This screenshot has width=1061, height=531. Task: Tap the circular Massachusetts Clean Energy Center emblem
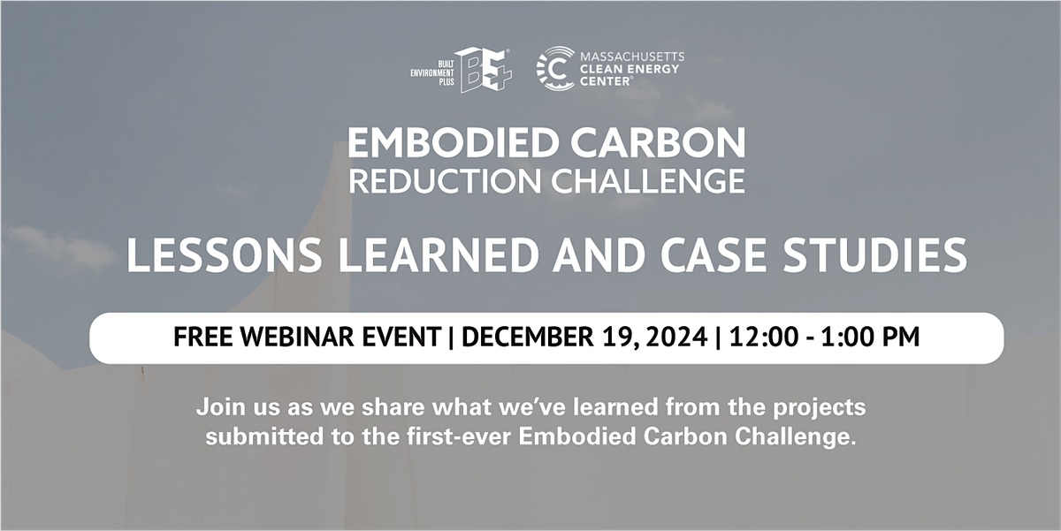(555, 69)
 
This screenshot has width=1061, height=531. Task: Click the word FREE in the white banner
(202, 338)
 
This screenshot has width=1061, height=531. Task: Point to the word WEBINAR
(288, 338)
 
